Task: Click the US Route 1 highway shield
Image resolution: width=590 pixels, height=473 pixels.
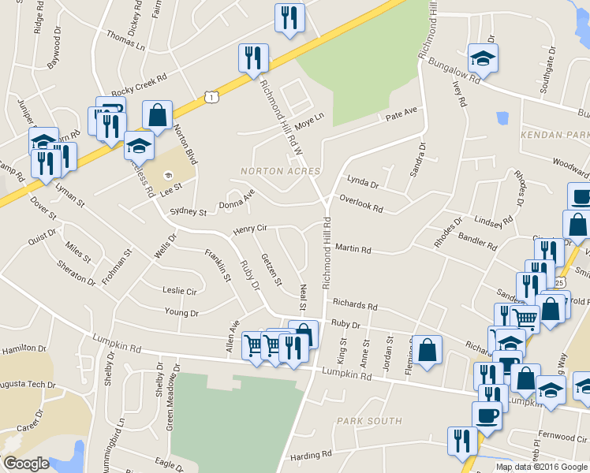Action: (210, 96)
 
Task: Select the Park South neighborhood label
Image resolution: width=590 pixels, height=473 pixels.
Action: (369, 421)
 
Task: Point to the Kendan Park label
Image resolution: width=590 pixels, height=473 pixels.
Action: (555, 136)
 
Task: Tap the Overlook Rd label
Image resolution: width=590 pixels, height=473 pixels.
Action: (360, 204)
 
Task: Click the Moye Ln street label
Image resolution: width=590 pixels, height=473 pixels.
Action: (309, 121)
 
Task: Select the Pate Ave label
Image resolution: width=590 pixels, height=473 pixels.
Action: (401, 116)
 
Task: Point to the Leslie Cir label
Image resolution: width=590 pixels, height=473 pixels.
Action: (179, 291)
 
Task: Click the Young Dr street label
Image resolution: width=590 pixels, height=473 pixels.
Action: (181, 313)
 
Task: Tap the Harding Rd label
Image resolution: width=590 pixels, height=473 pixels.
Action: (310, 455)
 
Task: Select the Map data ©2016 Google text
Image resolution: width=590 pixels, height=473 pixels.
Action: (541, 467)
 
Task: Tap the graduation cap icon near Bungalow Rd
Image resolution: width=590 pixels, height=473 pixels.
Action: (483, 58)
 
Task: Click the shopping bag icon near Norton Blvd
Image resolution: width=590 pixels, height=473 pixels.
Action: (158, 115)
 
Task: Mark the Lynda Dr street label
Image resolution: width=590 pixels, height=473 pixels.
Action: (363, 183)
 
